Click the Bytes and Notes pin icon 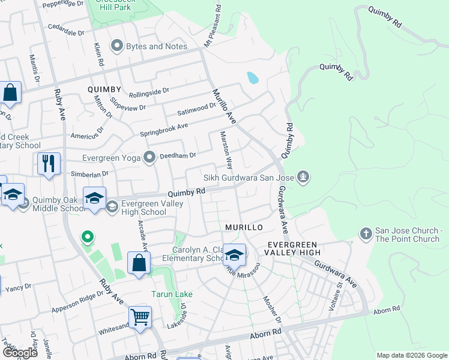tap(116, 46)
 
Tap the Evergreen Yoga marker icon tap(149, 157)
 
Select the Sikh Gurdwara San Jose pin tap(304, 177)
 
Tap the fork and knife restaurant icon tap(48, 163)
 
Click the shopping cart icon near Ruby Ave tap(140, 317)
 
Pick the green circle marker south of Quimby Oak tap(87, 238)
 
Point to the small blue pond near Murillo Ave tap(253, 77)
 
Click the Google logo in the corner tap(20, 352)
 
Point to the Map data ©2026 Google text tap(412, 355)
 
